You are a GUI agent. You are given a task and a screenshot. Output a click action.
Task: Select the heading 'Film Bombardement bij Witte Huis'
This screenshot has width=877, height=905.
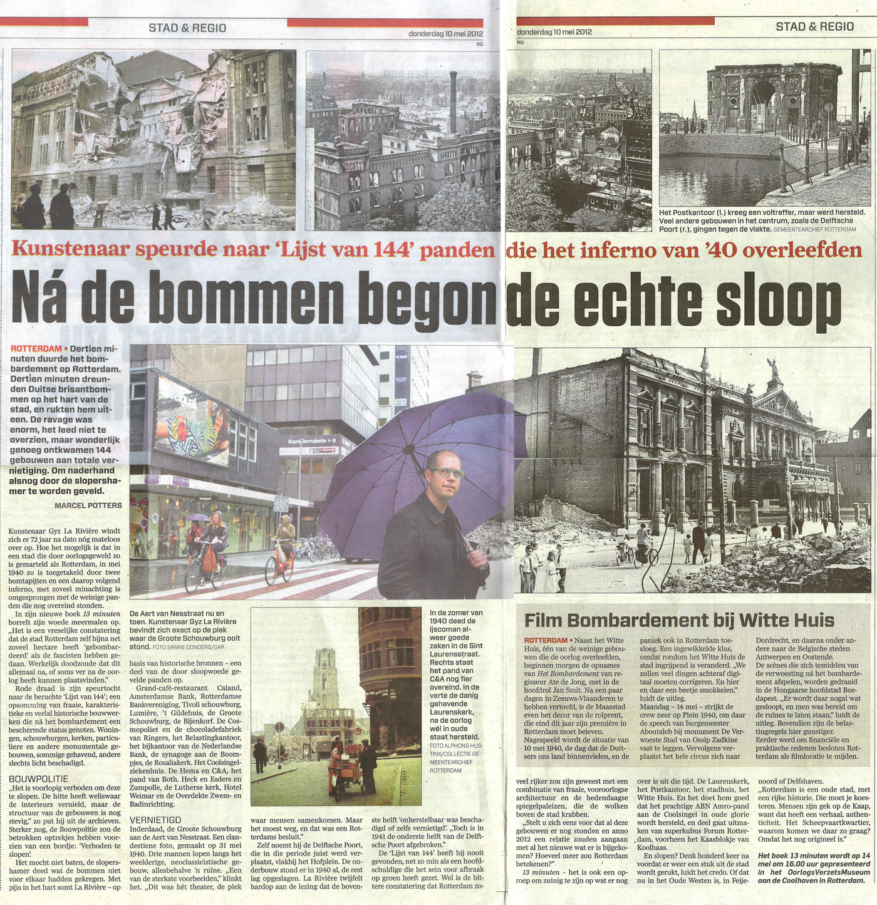click(679, 620)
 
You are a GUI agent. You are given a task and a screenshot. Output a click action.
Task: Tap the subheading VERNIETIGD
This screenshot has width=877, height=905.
click(155, 819)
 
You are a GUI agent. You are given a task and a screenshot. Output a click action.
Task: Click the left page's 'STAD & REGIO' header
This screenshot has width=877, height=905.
click(187, 28)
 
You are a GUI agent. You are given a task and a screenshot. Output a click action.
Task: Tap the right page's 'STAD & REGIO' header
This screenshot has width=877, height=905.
click(814, 26)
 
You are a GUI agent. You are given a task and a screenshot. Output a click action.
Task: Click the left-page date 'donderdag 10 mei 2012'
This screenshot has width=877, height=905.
click(445, 34)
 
